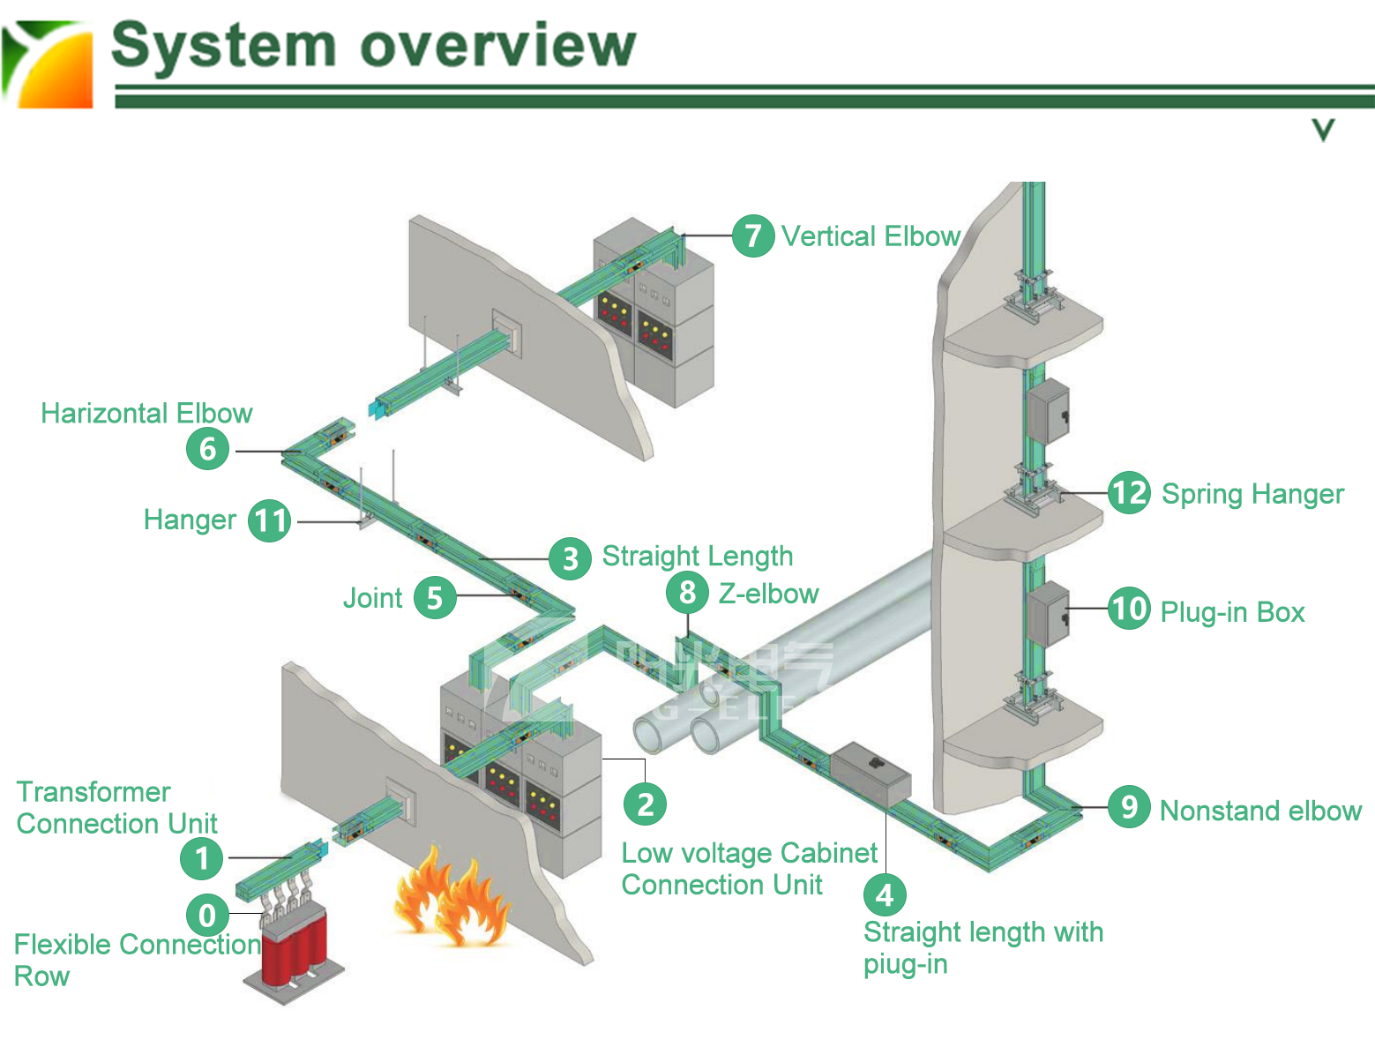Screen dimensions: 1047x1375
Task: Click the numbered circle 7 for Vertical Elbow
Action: click(x=753, y=236)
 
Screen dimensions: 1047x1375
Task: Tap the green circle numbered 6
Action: click(x=207, y=448)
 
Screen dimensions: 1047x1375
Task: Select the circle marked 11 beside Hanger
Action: click(x=270, y=520)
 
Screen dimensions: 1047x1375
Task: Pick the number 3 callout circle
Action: click(x=570, y=558)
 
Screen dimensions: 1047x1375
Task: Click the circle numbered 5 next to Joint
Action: click(x=434, y=597)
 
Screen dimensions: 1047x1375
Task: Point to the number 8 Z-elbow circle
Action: click(x=687, y=592)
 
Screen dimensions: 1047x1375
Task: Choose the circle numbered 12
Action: click(x=1129, y=492)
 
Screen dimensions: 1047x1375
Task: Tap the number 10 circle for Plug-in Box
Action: click(x=1129, y=609)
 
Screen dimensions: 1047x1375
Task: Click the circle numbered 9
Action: click(x=1129, y=806)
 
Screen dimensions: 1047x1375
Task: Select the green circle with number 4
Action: click(x=885, y=894)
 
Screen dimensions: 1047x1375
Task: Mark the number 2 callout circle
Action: click(x=645, y=804)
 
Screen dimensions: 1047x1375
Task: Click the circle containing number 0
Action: click(x=207, y=915)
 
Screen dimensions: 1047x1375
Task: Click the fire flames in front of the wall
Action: click(x=450, y=900)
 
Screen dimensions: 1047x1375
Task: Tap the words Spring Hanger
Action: click(x=1252, y=494)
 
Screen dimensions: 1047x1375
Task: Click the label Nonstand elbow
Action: click(x=1260, y=811)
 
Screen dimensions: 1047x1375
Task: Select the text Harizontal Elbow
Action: click(x=146, y=413)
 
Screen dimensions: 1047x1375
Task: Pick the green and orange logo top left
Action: click(x=48, y=64)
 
